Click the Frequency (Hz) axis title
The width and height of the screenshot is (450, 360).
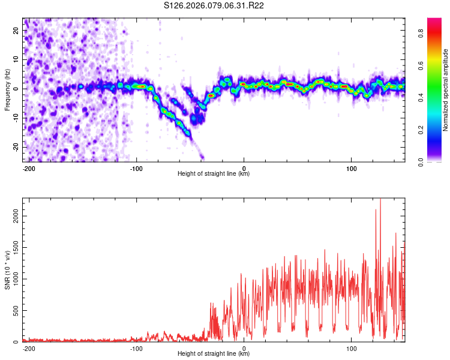[x=7, y=90]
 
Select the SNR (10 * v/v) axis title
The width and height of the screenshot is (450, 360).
[x=7, y=270]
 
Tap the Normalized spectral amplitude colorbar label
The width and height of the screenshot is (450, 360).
[x=446, y=90]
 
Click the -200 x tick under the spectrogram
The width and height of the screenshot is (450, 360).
[x=28, y=168]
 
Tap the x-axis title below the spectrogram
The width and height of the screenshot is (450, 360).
[x=214, y=174]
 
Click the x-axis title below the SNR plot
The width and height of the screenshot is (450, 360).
[x=214, y=354]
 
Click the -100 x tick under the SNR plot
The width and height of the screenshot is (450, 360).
[x=136, y=348]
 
